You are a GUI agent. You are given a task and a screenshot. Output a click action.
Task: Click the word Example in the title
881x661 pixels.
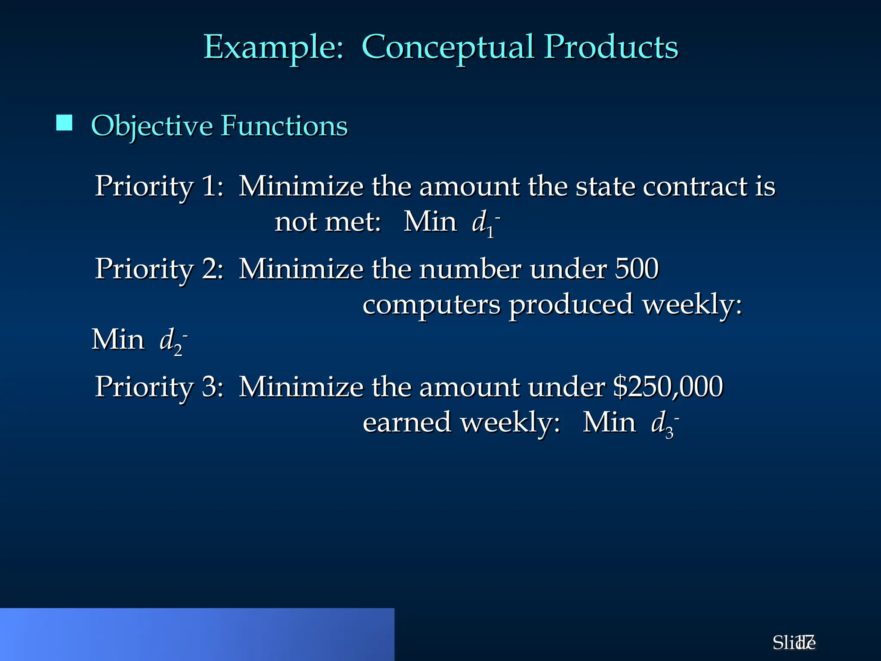[x=274, y=47]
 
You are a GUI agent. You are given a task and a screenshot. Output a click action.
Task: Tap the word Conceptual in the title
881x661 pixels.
[x=447, y=47]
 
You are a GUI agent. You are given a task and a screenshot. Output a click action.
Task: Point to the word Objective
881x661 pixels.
[x=151, y=126]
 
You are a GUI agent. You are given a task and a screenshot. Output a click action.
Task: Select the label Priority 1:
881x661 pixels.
[x=159, y=186]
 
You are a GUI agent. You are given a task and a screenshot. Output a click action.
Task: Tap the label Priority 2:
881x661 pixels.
[x=159, y=269]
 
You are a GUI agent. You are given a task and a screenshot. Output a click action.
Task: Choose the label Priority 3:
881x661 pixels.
[x=159, y=386]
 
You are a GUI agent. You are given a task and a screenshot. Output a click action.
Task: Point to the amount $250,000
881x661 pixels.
[x=668, y=386]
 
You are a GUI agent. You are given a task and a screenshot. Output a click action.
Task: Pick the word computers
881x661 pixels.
[x=431, y=305]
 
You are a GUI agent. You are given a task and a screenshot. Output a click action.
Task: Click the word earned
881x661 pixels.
[x=407, y=423]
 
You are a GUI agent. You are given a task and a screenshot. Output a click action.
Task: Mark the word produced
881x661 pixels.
[x=571, y=305]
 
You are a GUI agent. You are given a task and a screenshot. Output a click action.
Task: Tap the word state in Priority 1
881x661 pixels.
[x=605, y=186]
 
